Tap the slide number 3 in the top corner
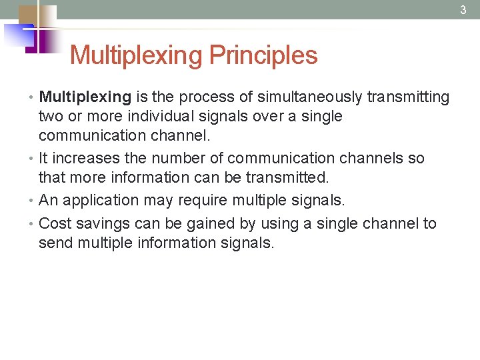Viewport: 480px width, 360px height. point(463,10)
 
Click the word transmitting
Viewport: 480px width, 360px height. point(408,97)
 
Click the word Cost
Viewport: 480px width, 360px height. point(53,223)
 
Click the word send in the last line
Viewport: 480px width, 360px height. point(55,243)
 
